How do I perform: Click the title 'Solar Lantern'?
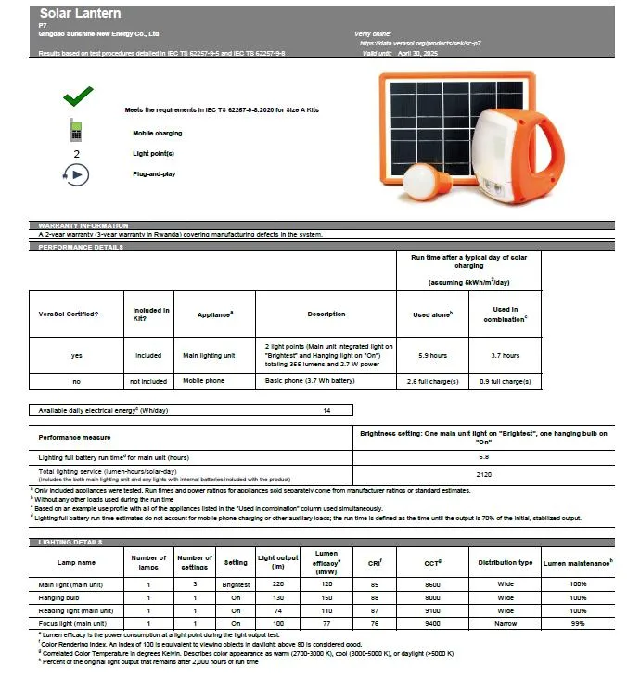pyautogui.click(x=80, y=14)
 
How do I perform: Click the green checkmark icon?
pyautogui.click(x=77, y=96)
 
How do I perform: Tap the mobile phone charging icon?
pyautogui.click(x=76, y=131)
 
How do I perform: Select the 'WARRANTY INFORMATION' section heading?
pyautogui.click(x=83, y=225)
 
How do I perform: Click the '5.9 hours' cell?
pyautogui.click(x=432, y=355)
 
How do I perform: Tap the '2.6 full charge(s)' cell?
pyautogui.click(x=432, y=381)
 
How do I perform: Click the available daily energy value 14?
pyautogui.click(x=326, y=409)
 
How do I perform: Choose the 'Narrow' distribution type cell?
pyautogui.click(x=505, y=623)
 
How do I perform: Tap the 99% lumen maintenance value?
pyautogui.click(x=578, y=623)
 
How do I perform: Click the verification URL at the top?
pyautogui.click(x=419, y=44)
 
